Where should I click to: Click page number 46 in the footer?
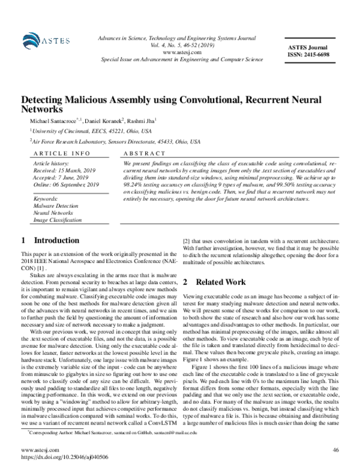pos(335,449)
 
